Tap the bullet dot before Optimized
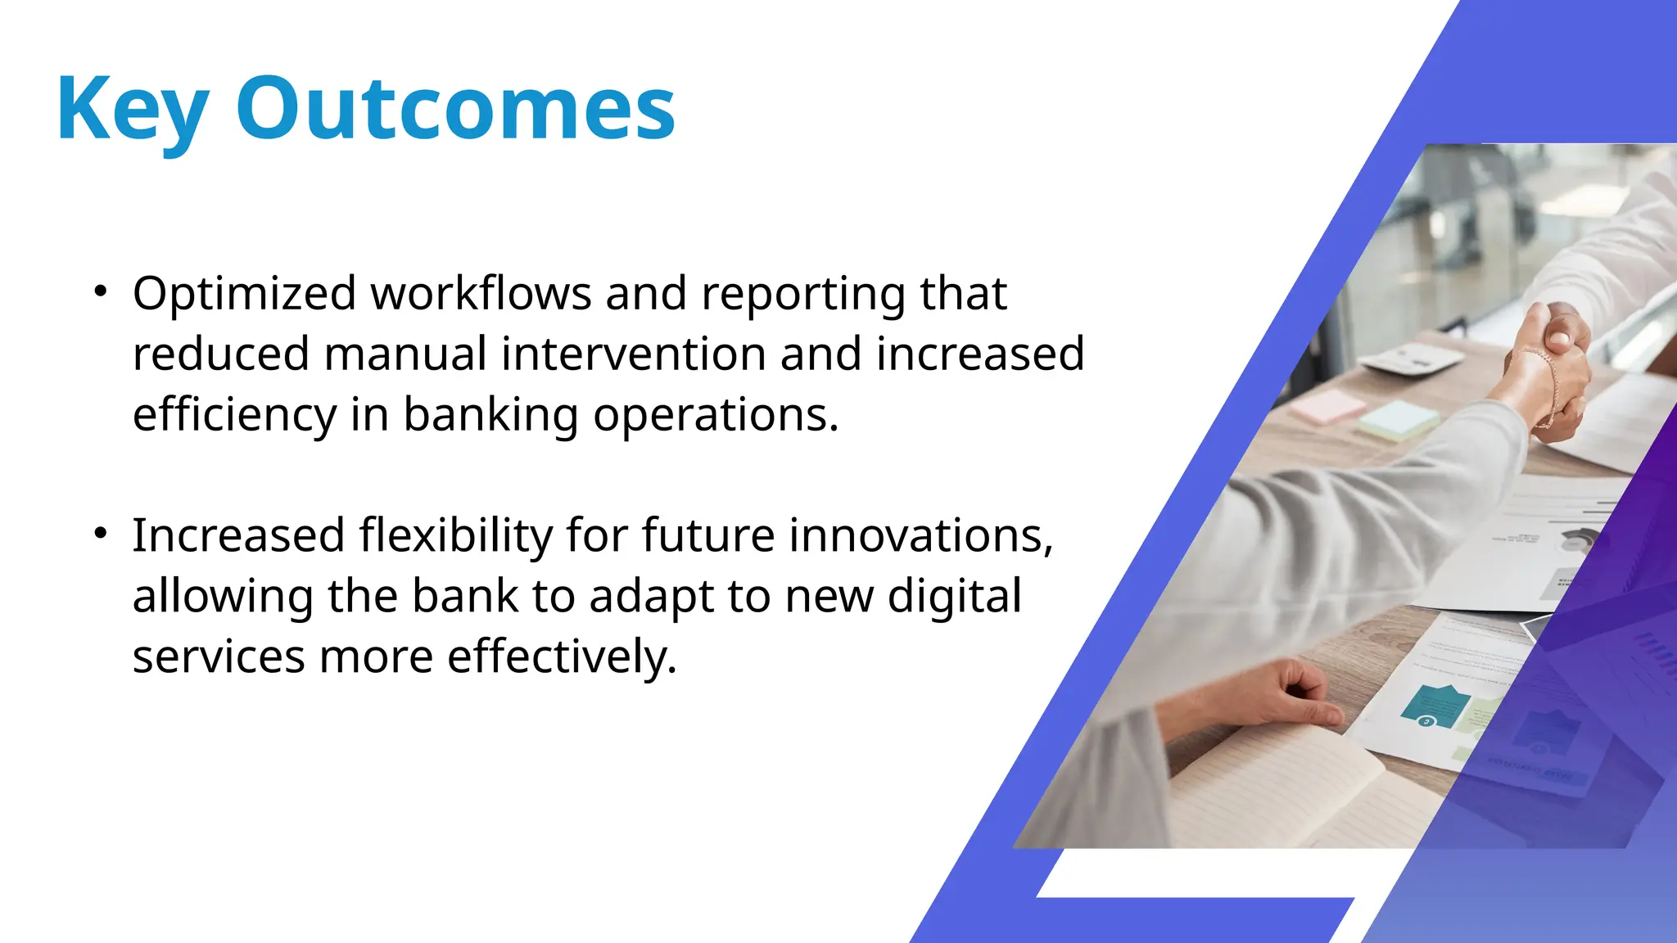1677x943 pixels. point(100,291)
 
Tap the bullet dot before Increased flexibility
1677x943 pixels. point(100,534)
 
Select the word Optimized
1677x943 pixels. point(244,295)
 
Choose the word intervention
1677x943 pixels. point(633,354)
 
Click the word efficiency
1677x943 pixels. point(234,415)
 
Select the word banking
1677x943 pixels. point(490,415)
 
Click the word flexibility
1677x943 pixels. point(455,536)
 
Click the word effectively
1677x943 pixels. point(562,657)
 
